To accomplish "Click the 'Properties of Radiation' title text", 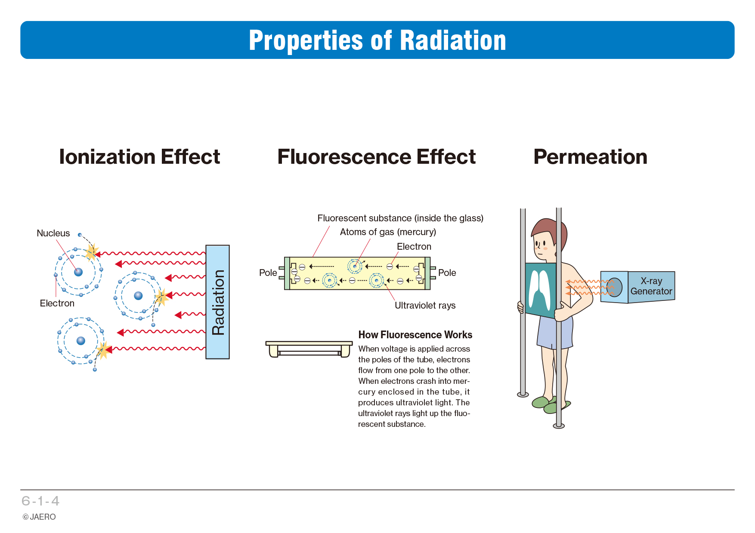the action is coord(377,40).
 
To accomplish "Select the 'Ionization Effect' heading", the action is coord(139,157).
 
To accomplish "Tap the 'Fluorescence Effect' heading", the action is coord(377,157).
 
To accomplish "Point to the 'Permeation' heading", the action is coord(591,157).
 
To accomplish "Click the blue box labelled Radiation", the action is coord(217,302).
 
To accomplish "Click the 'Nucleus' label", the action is coord(53,233).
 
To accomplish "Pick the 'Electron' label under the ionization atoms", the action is coord(57,303).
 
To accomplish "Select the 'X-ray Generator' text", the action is coord(651,286).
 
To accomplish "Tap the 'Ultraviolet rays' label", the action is coord(425,306).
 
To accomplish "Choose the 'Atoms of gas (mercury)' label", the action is coord(388,232).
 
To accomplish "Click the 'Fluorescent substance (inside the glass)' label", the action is coord(400,218).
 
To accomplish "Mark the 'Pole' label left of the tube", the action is coord(268,273).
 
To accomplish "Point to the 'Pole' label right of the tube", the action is coord(447,273).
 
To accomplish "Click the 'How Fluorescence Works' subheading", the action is coord(415,335).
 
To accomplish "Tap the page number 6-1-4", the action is coord(40,501).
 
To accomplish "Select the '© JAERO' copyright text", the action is coord(39,517).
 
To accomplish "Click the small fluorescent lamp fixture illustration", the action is coord(309,349).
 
